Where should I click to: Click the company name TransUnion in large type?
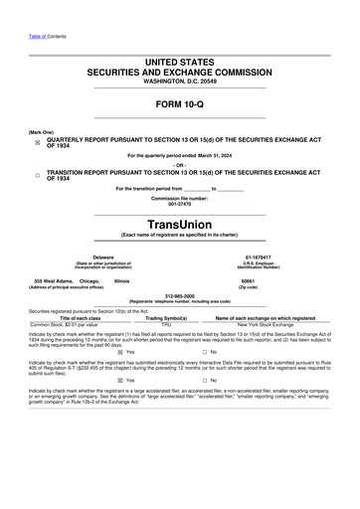coord(180,224)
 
